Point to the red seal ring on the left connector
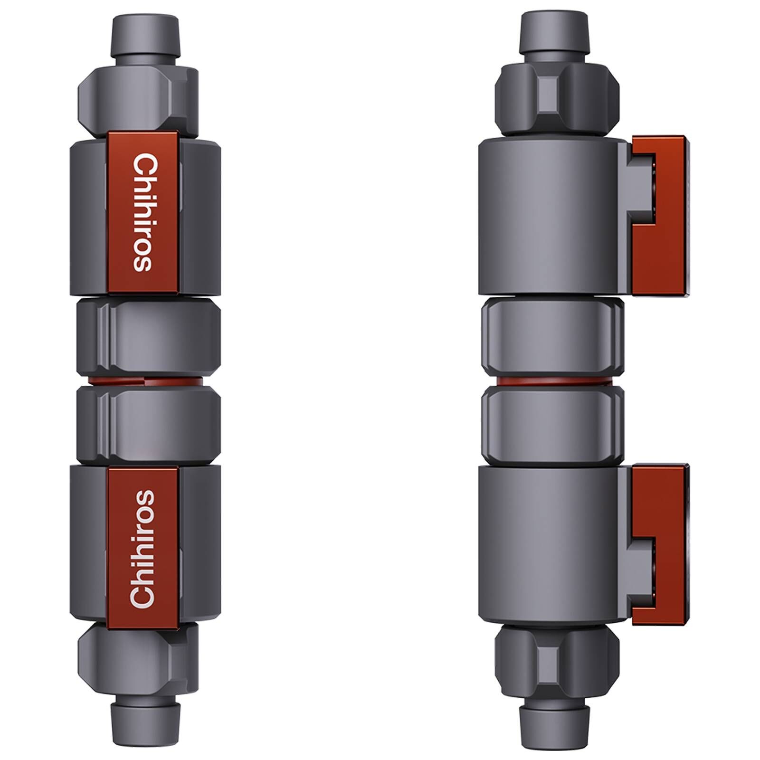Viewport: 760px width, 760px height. click(x=147, y=381)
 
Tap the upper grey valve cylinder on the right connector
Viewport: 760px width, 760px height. click(x=551, y=216)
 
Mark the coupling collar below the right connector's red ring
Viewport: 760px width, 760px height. click(x=551, y=424)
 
